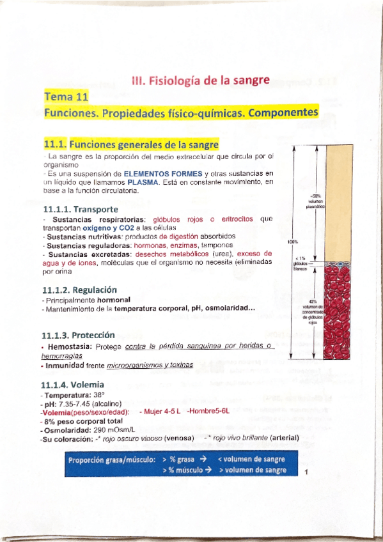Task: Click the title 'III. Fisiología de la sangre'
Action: click(x=200, y=81)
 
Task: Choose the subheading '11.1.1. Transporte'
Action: click(x=81, y=209)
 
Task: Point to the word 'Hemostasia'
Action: click(x=68, y=346)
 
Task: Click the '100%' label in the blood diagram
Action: click(x=293, y=242)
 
